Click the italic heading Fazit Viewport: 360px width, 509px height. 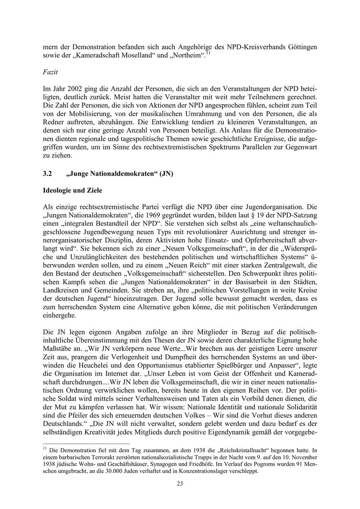pyautogui.click(x=50, y=72)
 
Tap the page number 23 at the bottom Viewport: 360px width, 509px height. pyautogui.click(x=180, y=483)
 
